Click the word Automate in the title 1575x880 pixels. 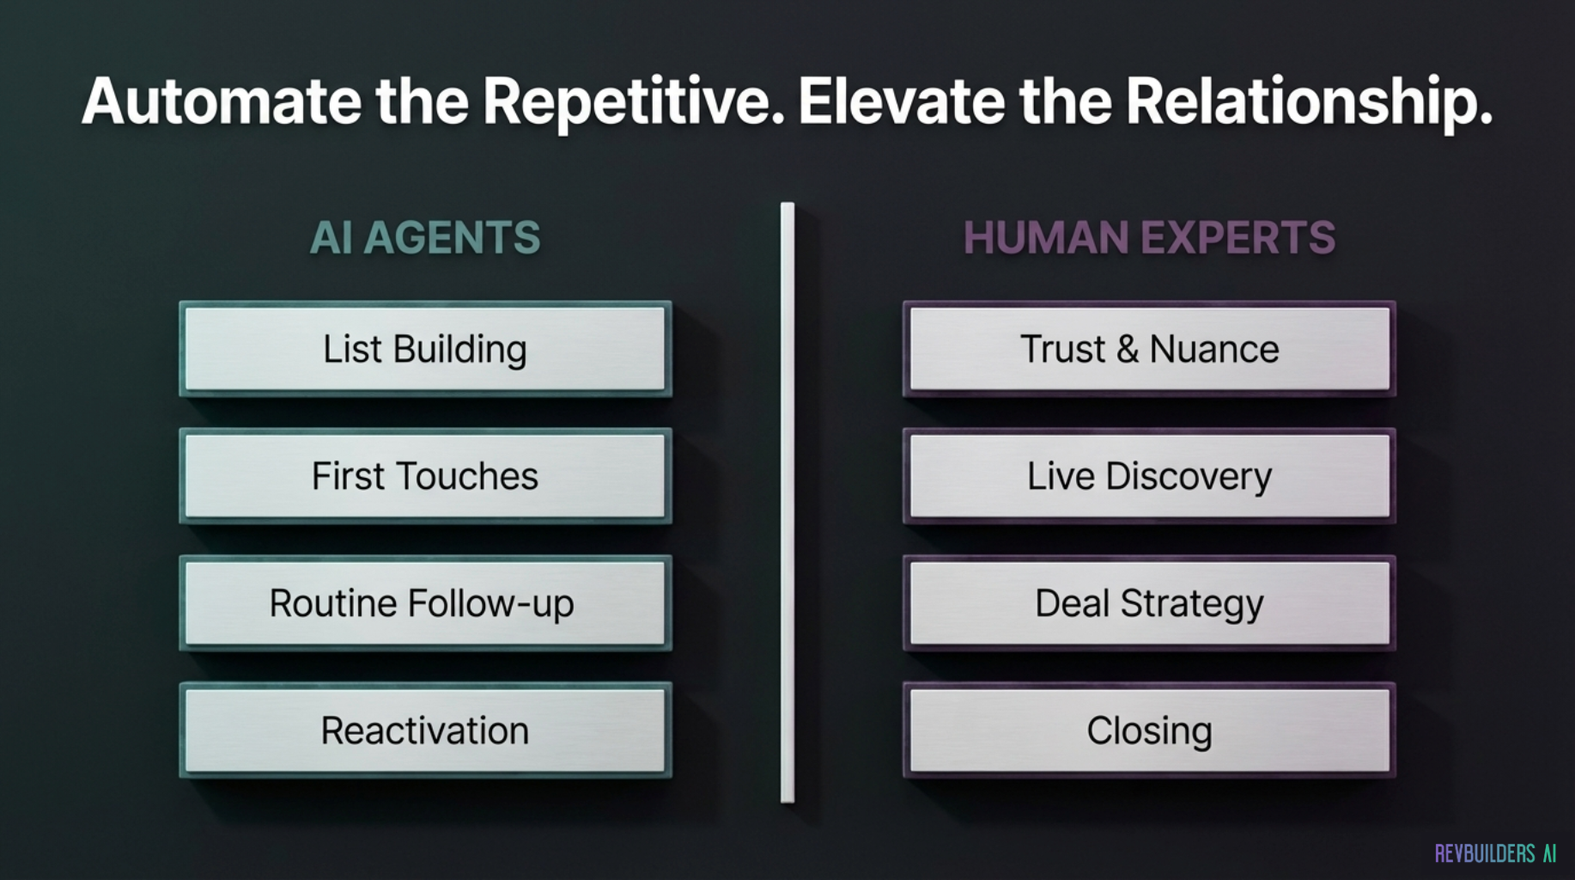point(222,101)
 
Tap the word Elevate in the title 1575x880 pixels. point(902,101)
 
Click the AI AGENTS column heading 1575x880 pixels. point(425,237)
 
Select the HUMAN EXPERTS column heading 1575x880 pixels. point(1149,237)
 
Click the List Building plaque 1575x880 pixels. point(425,349)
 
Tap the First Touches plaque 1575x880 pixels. point(425,476)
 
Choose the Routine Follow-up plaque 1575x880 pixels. point(425,603)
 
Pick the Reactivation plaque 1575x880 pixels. point(425,730)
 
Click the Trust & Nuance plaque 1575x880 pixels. point(1149,349)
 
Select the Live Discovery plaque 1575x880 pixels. point(1149,476)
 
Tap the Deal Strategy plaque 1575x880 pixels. point(1149,603)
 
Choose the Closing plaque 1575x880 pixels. point(1149,730)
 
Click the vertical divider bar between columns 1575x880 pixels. point(787,503)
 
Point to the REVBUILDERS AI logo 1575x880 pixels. point(1495,853)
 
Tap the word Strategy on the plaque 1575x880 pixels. point(1192,605)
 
